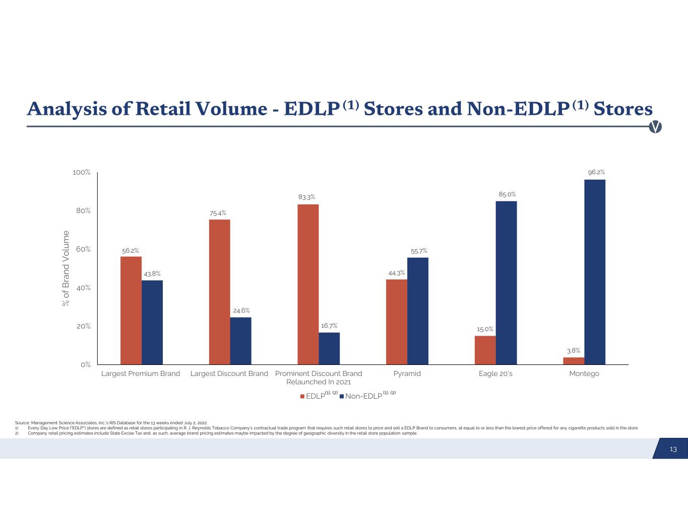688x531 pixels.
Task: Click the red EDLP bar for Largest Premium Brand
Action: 131,310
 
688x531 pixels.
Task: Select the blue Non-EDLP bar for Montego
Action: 595,272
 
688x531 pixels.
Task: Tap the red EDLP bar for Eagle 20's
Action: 485,350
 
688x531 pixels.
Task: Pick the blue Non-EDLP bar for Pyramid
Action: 418,311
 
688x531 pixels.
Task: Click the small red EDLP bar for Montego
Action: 574,360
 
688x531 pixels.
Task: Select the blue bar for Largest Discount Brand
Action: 241,340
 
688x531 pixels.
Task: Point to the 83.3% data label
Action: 307,197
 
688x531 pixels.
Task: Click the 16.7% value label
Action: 329,326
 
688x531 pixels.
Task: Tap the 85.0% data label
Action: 507,194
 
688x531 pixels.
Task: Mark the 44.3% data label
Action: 396,273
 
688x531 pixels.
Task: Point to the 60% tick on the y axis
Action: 83,249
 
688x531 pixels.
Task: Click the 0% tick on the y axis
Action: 85,364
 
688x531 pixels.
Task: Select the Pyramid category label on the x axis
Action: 407,373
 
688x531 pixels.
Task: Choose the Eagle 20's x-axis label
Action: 495,373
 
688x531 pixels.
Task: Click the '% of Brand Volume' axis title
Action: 66,268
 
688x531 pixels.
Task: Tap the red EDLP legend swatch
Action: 302,396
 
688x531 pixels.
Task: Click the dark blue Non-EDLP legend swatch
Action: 341,396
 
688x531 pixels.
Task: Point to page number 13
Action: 673,449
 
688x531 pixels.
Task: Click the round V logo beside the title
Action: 655,127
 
